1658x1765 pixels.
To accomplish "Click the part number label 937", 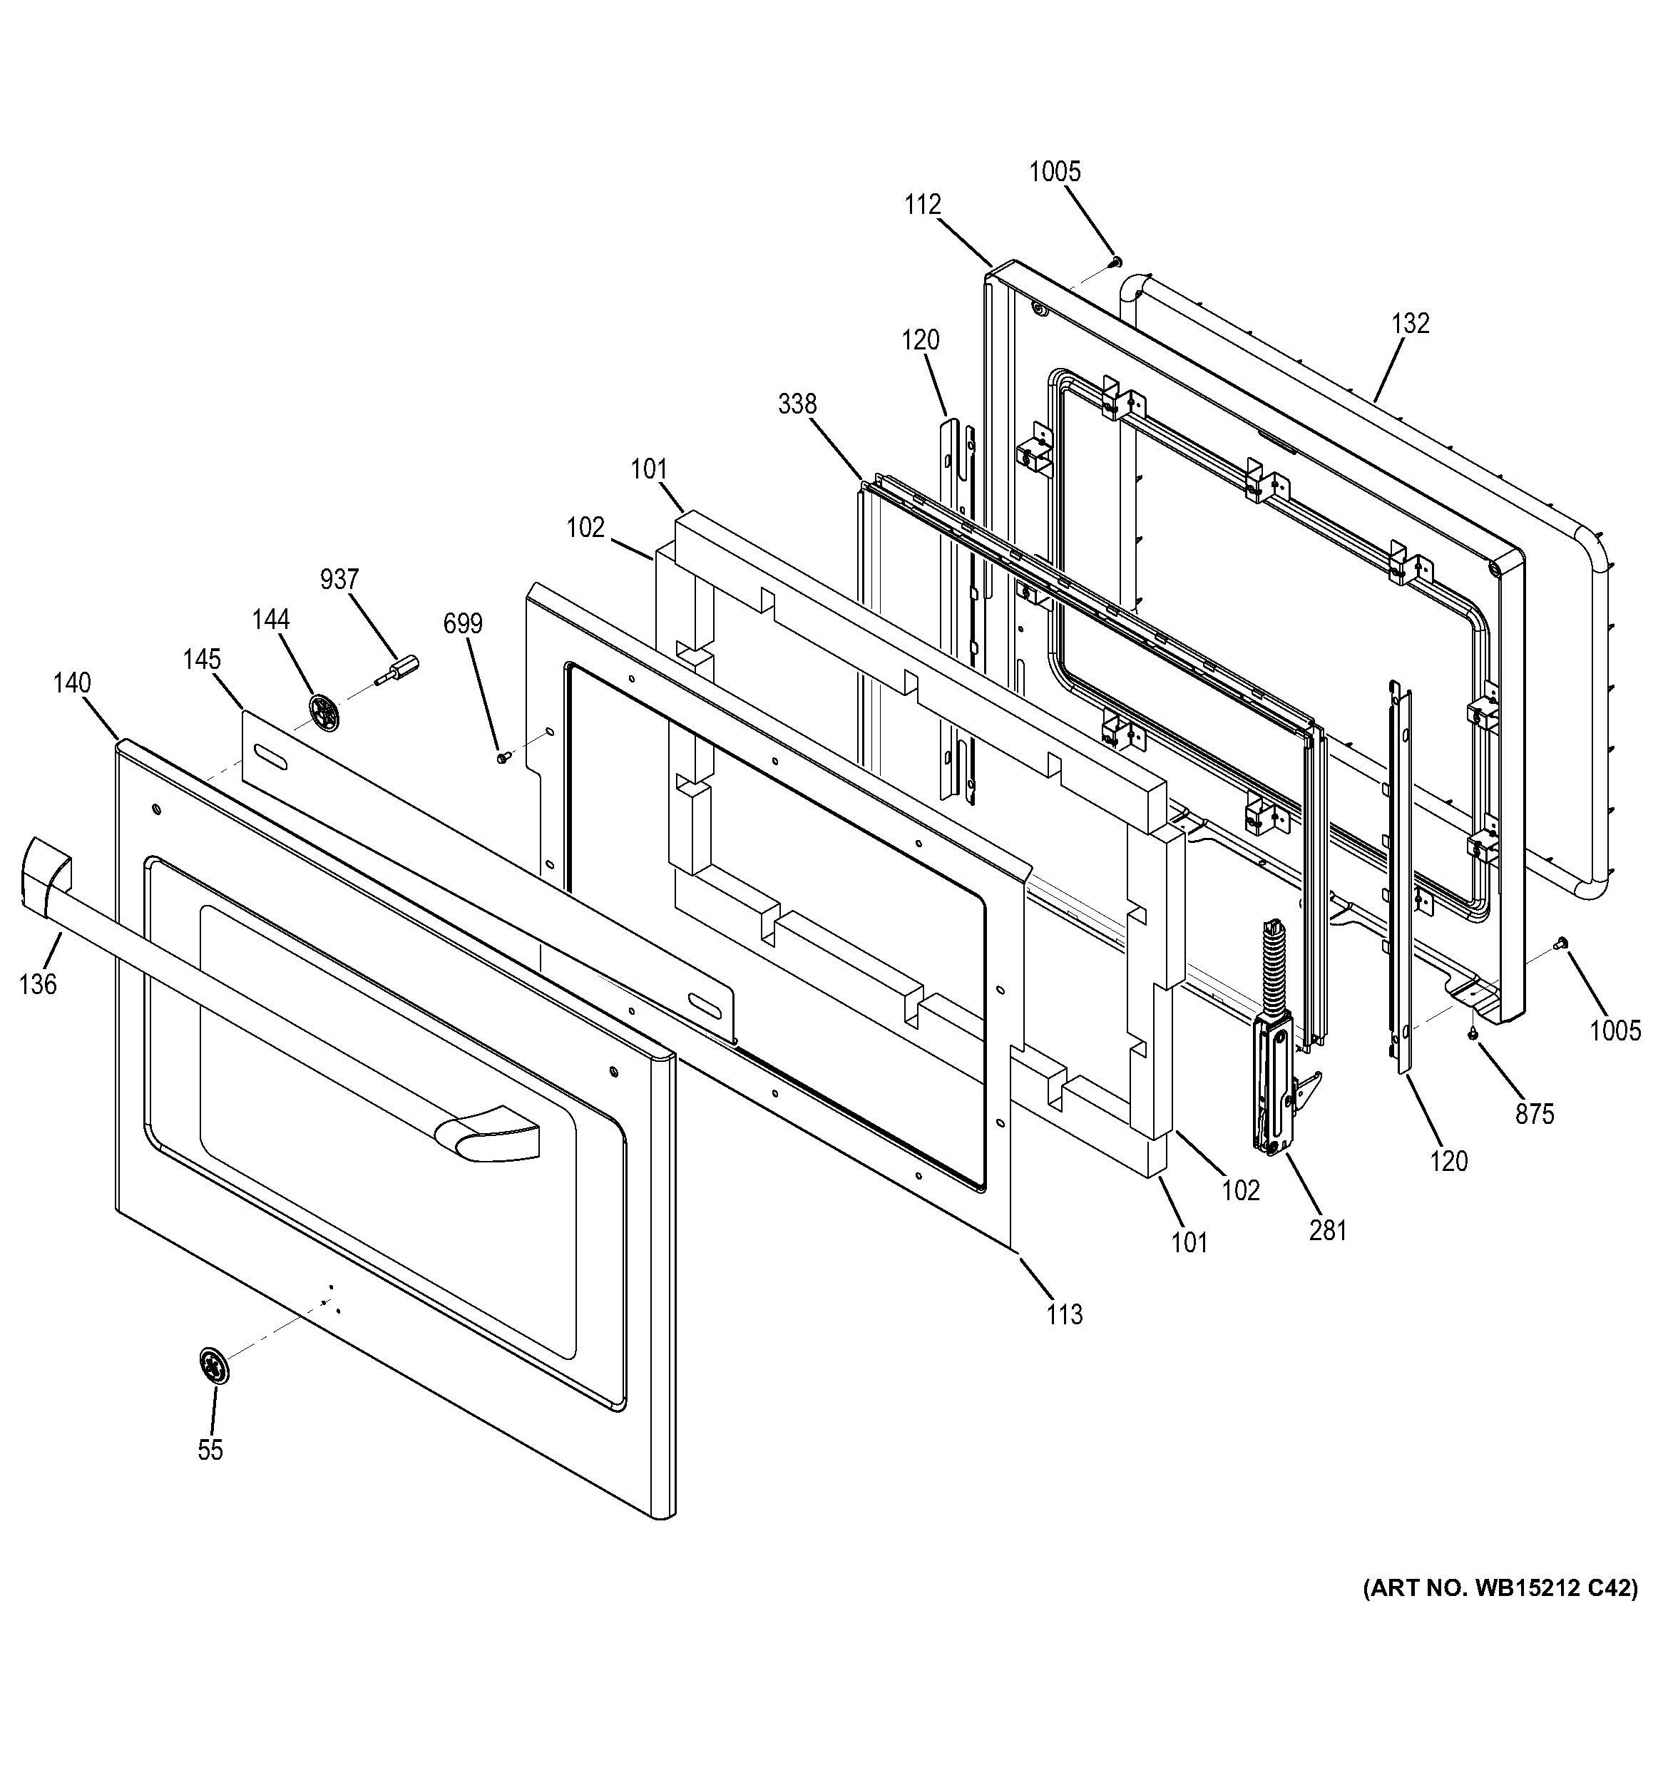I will (339, 580).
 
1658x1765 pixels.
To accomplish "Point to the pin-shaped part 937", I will (399, 668).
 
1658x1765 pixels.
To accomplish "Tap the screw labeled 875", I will (1473, 1033).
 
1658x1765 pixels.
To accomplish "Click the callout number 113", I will (1064, 1314).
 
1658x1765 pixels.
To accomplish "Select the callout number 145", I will (202, 660).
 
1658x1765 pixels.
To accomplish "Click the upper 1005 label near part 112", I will (1055, 171).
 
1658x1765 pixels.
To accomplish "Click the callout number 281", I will (1328, 1231).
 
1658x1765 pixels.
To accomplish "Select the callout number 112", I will (922, 205).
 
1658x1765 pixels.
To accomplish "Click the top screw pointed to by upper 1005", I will (1117, 261).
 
